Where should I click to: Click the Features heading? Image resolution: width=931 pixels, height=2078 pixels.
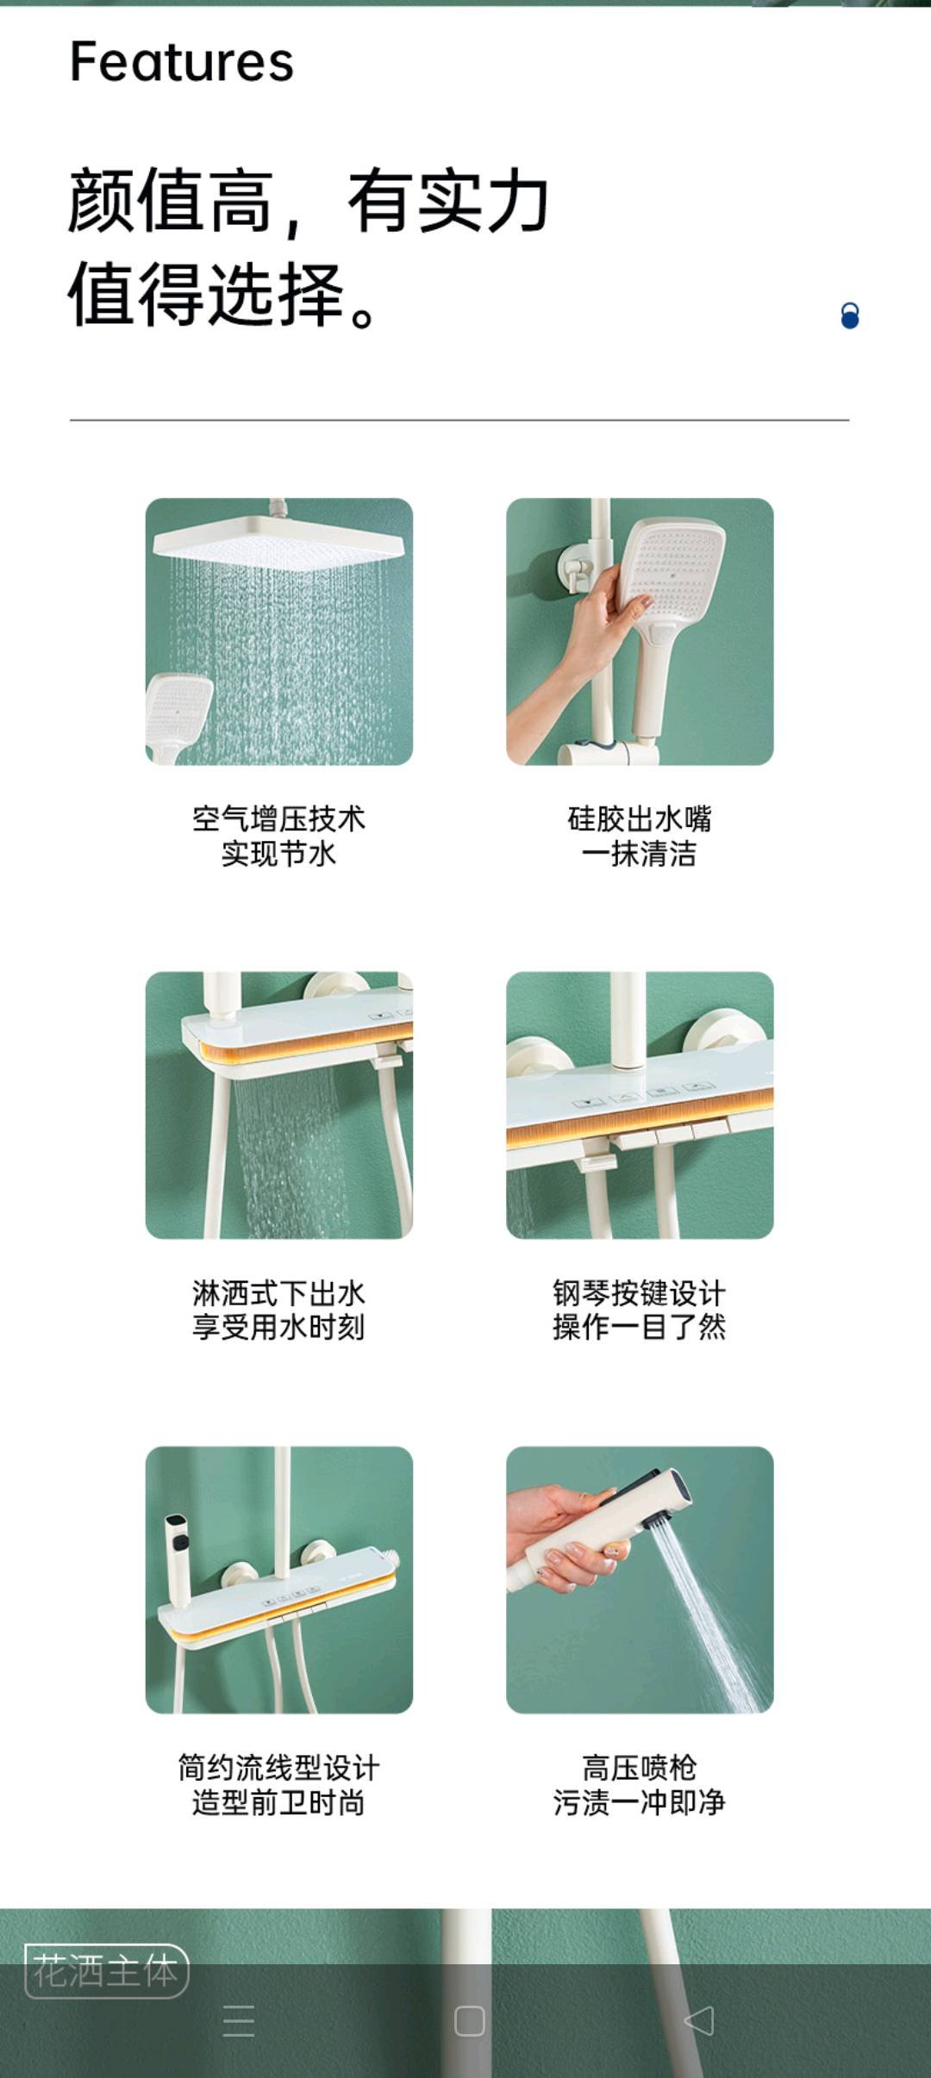(182, 62)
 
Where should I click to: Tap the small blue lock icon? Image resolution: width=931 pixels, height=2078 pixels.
(850, 316)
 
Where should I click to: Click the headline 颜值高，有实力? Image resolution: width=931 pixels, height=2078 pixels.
(309, 201)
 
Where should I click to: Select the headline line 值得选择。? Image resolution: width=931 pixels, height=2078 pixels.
(222, 294)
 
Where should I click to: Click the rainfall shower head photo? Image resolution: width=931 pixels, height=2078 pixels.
(279, 631)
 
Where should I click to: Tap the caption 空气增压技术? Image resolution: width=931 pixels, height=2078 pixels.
(279, 818)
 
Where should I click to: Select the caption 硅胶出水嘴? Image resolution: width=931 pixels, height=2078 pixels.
(640, 818)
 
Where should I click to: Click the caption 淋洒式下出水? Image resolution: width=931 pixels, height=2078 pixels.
(279, 1293)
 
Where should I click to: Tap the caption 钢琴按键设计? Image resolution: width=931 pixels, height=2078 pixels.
(640, 1293)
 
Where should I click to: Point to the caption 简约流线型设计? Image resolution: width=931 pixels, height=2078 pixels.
(279, 1768)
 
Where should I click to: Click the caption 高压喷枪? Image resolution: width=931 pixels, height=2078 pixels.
(640, 1768)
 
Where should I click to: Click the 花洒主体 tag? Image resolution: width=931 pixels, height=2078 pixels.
(106, 1971)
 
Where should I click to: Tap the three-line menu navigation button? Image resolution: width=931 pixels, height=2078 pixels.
(239, 2020)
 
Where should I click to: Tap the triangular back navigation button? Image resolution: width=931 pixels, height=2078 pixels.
(699, 2020)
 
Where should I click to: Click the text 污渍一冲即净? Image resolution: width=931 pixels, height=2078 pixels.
(640, 1802)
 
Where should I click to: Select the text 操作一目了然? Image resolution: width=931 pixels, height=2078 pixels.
(640, 1328)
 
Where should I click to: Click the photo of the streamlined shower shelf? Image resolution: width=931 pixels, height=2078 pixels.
(279, 1580)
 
